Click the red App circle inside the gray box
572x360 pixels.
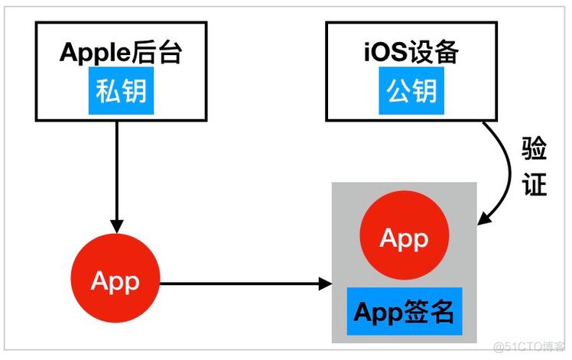click(x=404, y=239)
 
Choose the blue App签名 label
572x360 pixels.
click(x=404, y=311)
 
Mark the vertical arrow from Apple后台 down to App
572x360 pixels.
click(x=116, y=176)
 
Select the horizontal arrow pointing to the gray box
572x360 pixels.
click(x=245, y=285)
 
